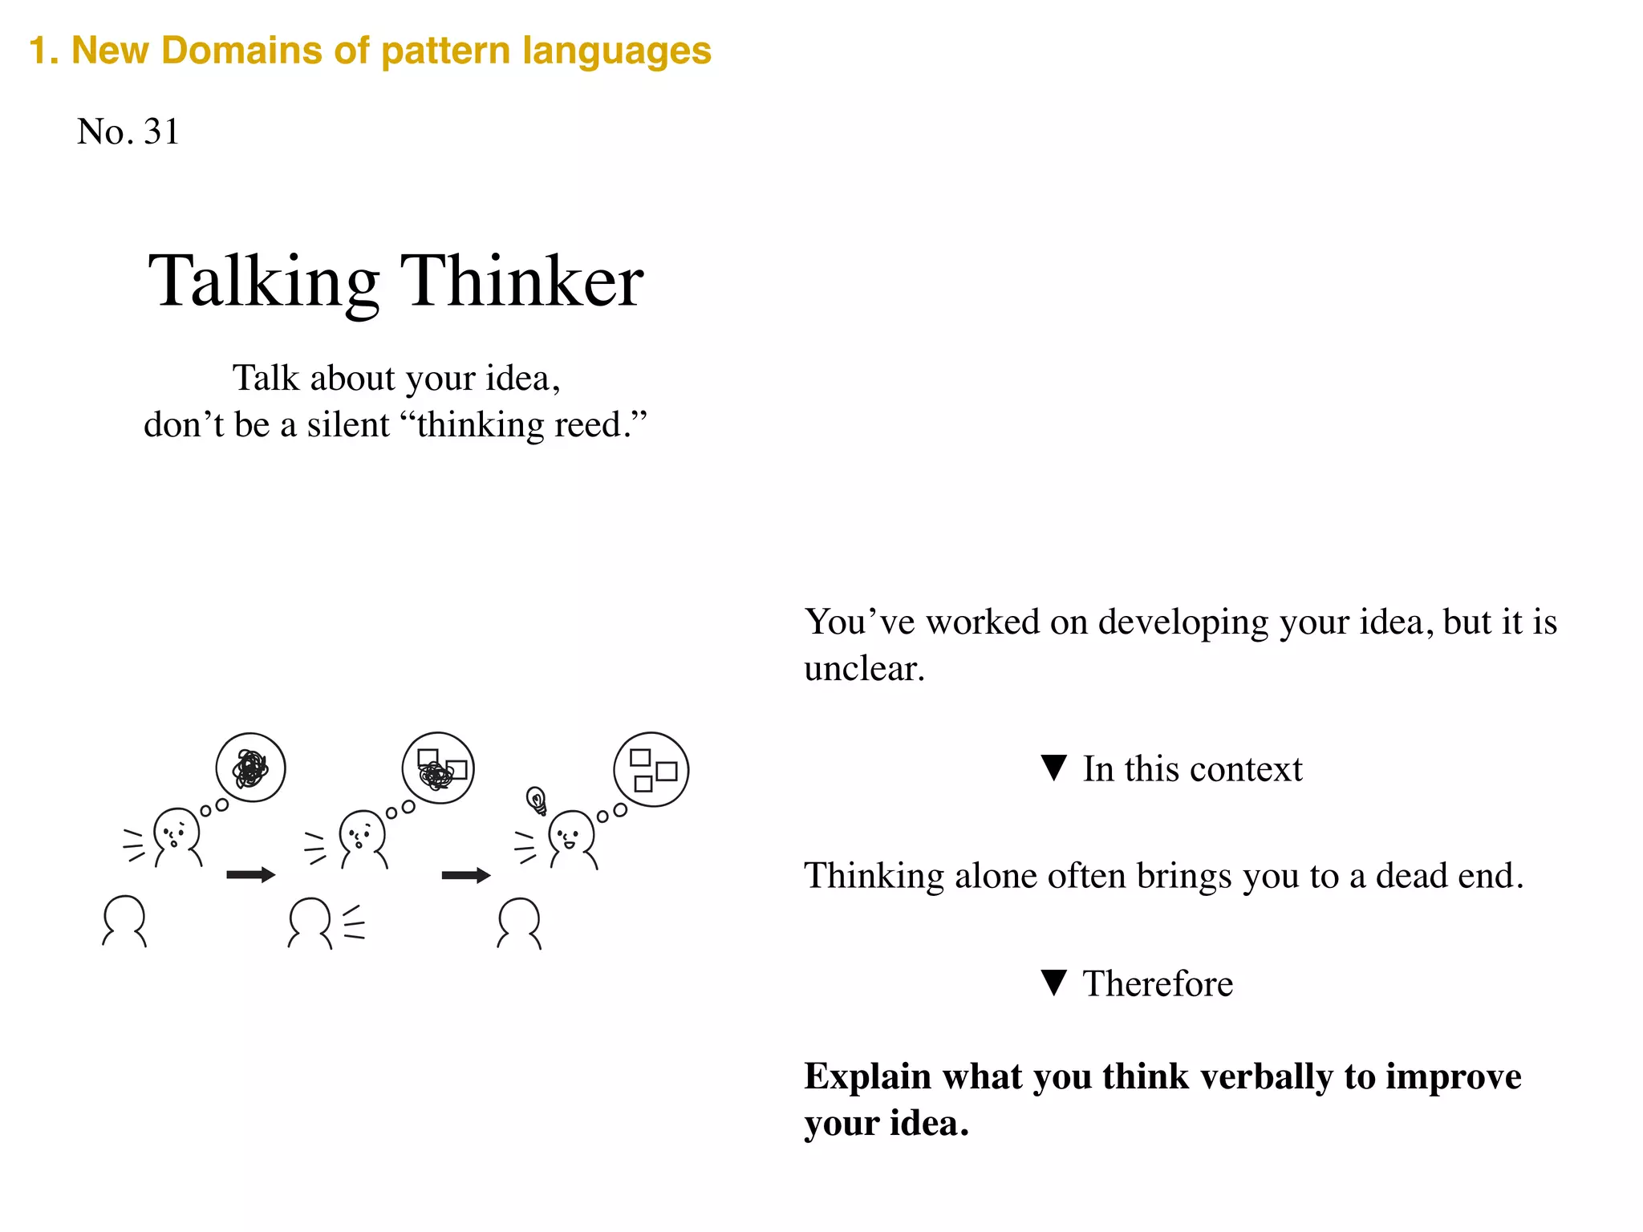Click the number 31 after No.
161,132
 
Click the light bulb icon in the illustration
536,799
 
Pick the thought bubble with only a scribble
250,768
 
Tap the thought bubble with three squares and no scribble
651,769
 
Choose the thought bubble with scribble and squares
438,768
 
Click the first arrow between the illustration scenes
250,874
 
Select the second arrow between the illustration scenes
465,874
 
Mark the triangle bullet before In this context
1053,768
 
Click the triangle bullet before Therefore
1053,982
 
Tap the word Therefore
1158,983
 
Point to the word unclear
863,669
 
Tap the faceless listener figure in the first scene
124,920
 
